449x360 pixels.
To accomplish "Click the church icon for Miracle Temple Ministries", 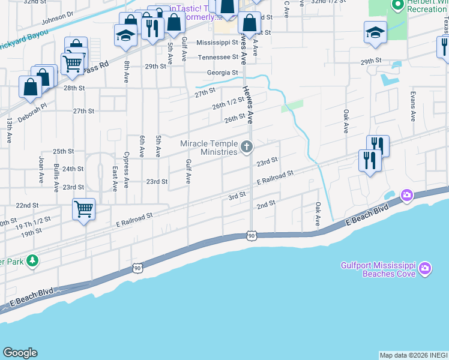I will click(x=246, y=147).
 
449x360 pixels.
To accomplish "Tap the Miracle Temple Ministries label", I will click(x=210, y=148).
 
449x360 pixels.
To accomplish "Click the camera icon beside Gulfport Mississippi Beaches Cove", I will click(x=426, y=268).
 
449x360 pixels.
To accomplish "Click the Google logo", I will click(x=20, y=353).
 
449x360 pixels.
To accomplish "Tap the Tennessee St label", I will click(x=218, y=58).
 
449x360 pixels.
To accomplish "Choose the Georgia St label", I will click(x=223, y=73).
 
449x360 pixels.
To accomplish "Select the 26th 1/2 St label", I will click(x=226, y=106).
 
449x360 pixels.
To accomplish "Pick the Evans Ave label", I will click(x=413, y=107).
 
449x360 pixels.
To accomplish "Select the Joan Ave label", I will click(x=41, y=170).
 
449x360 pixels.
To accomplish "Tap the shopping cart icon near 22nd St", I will click(x=83, y=210).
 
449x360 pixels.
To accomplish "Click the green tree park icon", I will click(x=32, y=260).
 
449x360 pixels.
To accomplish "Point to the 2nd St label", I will click(x=265, y=204).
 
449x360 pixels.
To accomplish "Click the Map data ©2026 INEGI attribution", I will click(x=414, y=355).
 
